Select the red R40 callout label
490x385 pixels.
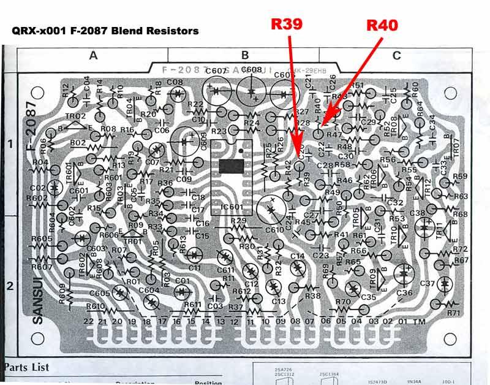click(382, 25)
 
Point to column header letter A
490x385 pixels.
click(93, 56)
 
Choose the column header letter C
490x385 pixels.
click(396, 56)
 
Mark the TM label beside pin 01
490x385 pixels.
click(420, 321)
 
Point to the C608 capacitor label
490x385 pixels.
click(251, 70)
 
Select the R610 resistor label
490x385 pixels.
click(96, 306)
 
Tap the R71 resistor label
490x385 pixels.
click(453, 313)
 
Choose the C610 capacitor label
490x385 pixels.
click(274, 230)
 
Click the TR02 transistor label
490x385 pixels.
click(75, 116)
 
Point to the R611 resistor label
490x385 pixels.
click(192, 305)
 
